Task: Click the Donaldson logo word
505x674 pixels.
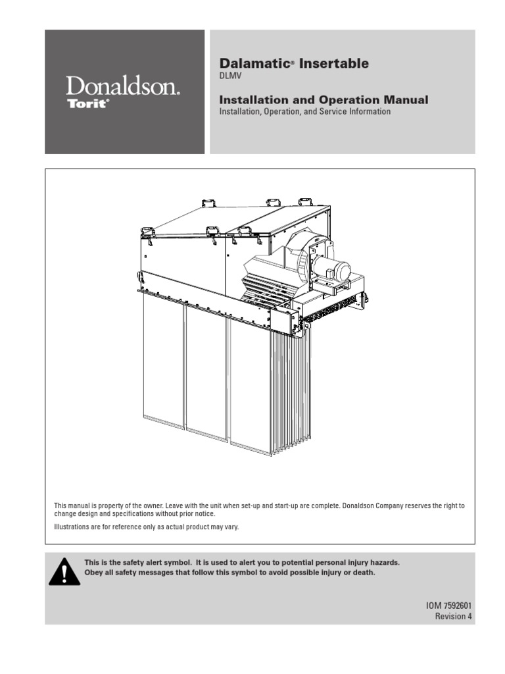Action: pyautogui.click(x=122, y=86)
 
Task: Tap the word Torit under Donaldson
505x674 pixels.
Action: pyautogui.click(x=87, y=103)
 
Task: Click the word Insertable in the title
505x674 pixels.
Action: pyautogui.click(x=333, y=64)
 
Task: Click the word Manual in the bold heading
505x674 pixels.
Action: pyautogui.click(x=406, y=100)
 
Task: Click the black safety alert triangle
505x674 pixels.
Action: pyautogui.click(x=64, y=572)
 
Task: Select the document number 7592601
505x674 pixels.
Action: pyautogui.click(x=458, y=606)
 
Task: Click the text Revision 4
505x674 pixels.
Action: pyautogui.click(x=454, y=616)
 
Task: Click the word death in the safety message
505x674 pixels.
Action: pyautogui.click(x=364, y=573)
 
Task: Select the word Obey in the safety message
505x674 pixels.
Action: pyautogui.click(x=92, y=573)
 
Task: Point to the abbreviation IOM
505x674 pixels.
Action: pyautogui.click(x=433, y=606)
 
